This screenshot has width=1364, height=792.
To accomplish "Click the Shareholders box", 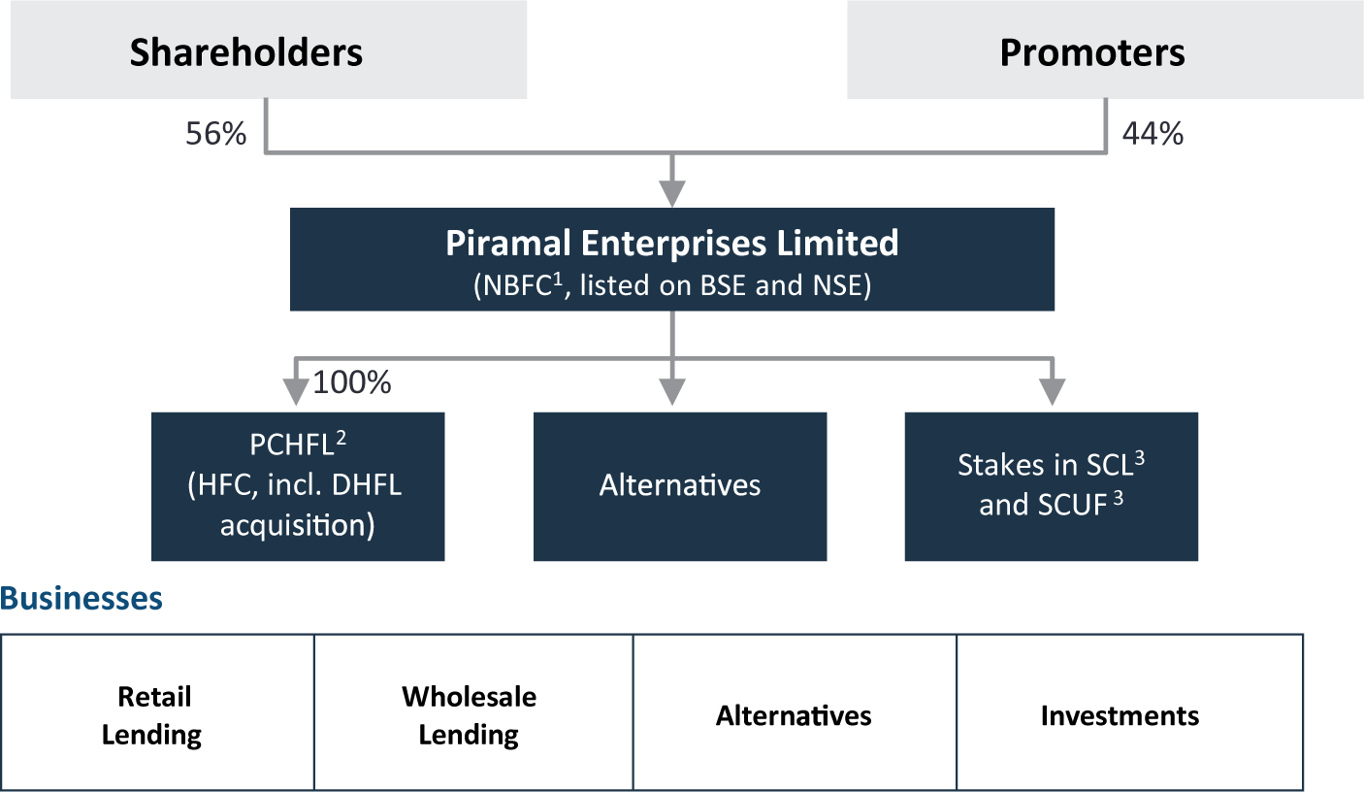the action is tap(269, 49).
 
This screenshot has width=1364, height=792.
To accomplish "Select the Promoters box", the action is tap(1105, 49).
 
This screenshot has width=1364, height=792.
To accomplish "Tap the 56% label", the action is tap(216, 133).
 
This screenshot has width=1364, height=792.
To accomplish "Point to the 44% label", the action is tap(1153, 133).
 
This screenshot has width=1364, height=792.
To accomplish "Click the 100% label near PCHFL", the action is tap(352, 382).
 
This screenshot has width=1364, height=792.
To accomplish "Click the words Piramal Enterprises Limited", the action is tap(672, 243).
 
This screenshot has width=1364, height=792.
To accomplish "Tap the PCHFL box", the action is tap(298, 486).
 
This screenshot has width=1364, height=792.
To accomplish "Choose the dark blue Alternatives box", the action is tap(680, 486).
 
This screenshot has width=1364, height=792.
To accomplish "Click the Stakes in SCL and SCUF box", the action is tap(1052, 486).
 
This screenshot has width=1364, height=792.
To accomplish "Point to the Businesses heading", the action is tap(81, 598).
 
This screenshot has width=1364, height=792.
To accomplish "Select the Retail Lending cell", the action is tap(157, 712).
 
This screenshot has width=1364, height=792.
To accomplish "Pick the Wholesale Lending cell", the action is tap(473, 712).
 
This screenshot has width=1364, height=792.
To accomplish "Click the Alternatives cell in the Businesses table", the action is tap(795, 712).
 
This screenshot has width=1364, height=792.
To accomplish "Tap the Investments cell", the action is tap(1130, 712).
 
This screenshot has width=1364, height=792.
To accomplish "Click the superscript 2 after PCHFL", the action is tap(341, 438).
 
